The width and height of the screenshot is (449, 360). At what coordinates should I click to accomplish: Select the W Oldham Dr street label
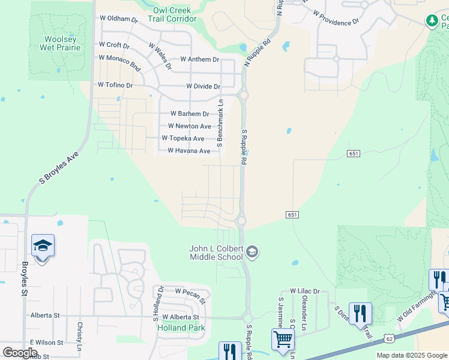coord(119,19)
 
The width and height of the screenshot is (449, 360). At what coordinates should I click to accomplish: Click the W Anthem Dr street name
coord(200,60)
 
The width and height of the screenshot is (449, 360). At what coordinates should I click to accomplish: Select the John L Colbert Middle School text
coord(216,253)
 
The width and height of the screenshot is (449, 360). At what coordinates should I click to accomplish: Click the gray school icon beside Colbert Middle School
coord(252,251)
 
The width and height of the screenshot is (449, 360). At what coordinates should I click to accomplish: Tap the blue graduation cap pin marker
coord(43,246)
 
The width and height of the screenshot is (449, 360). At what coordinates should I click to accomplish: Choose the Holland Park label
coord(181,328)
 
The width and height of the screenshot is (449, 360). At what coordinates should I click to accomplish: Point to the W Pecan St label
coord(190,292)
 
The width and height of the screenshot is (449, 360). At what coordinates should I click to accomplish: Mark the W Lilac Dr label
coord(305,291)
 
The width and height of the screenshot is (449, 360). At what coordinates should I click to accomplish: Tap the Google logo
coord(20,352)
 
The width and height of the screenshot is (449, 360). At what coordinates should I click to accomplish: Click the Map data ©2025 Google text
coord(411,355)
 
